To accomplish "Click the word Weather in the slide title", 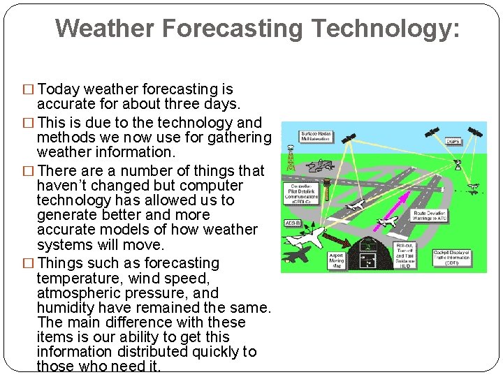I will (x=105, y=28).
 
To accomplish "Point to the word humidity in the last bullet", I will (x=68, y=308).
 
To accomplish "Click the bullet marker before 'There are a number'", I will (x=29, y=171).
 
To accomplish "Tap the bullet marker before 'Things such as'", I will (x=29, y=264).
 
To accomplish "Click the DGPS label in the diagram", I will (x=453, y=141).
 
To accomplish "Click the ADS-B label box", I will (x=292, y=223).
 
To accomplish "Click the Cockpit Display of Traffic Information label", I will (x=459, y=257).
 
